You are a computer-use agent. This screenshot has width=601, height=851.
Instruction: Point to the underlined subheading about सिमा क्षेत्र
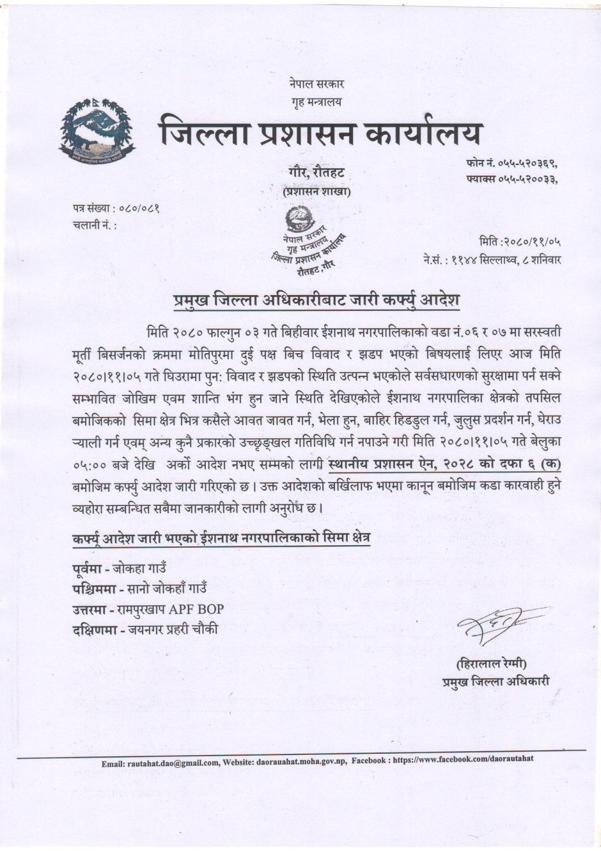221,538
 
